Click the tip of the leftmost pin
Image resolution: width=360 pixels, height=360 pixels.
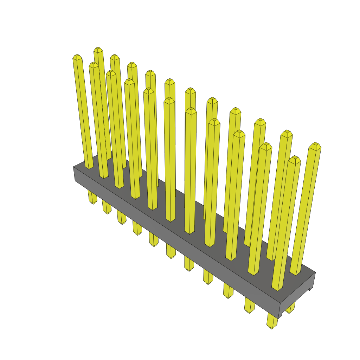tap(77, 57)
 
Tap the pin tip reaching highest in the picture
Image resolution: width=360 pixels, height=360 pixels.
tap(98, 50)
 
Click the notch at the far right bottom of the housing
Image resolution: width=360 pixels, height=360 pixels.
tap(310, 289)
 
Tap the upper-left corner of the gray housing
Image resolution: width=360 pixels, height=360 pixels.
tap(74, 167)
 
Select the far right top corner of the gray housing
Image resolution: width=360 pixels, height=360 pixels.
tap(315, 272)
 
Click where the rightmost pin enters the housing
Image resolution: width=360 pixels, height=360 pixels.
tap(296, 273)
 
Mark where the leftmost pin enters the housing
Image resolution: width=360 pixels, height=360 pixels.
tap(89, 167)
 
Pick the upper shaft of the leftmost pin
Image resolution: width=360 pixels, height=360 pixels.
tap(83, 112)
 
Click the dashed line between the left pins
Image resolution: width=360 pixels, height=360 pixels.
tap(103, 116)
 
